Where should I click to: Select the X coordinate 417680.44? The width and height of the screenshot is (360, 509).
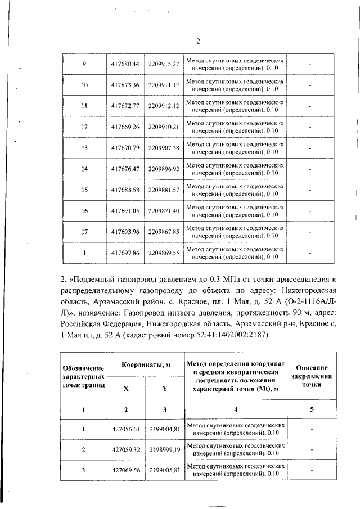coord(125,64)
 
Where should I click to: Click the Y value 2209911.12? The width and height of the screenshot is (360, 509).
coord(164,85)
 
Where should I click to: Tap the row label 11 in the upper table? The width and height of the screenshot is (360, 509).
coord(84,106)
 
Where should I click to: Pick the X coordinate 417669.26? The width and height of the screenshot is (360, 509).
coord(125,127)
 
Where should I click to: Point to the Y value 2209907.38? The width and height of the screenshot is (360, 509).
coord(164,148)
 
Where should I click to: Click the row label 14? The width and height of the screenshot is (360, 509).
coord(84,169)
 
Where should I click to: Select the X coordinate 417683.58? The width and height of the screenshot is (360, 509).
coord(125,190)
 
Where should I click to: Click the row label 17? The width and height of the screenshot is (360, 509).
coord(84,231)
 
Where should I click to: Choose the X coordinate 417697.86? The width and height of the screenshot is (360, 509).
coord(125,253)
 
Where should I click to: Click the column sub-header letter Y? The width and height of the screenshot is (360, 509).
coord(164,388)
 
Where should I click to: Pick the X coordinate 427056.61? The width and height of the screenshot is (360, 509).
coord(125,430)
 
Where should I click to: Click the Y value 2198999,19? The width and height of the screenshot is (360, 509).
coord(164,451)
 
